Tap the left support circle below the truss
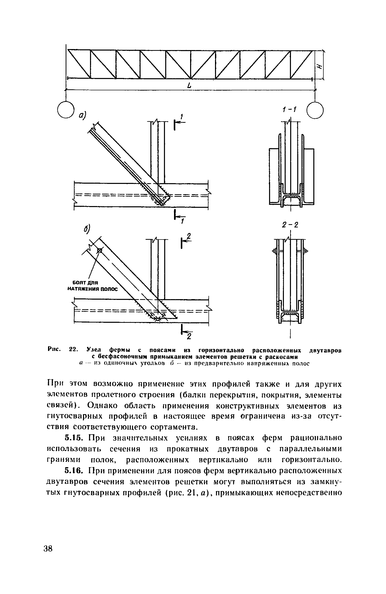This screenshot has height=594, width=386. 66,109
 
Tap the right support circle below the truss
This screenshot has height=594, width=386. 315,110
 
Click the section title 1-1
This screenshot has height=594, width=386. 289,110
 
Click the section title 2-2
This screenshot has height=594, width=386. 290,225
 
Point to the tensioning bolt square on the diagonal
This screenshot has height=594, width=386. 100,250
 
